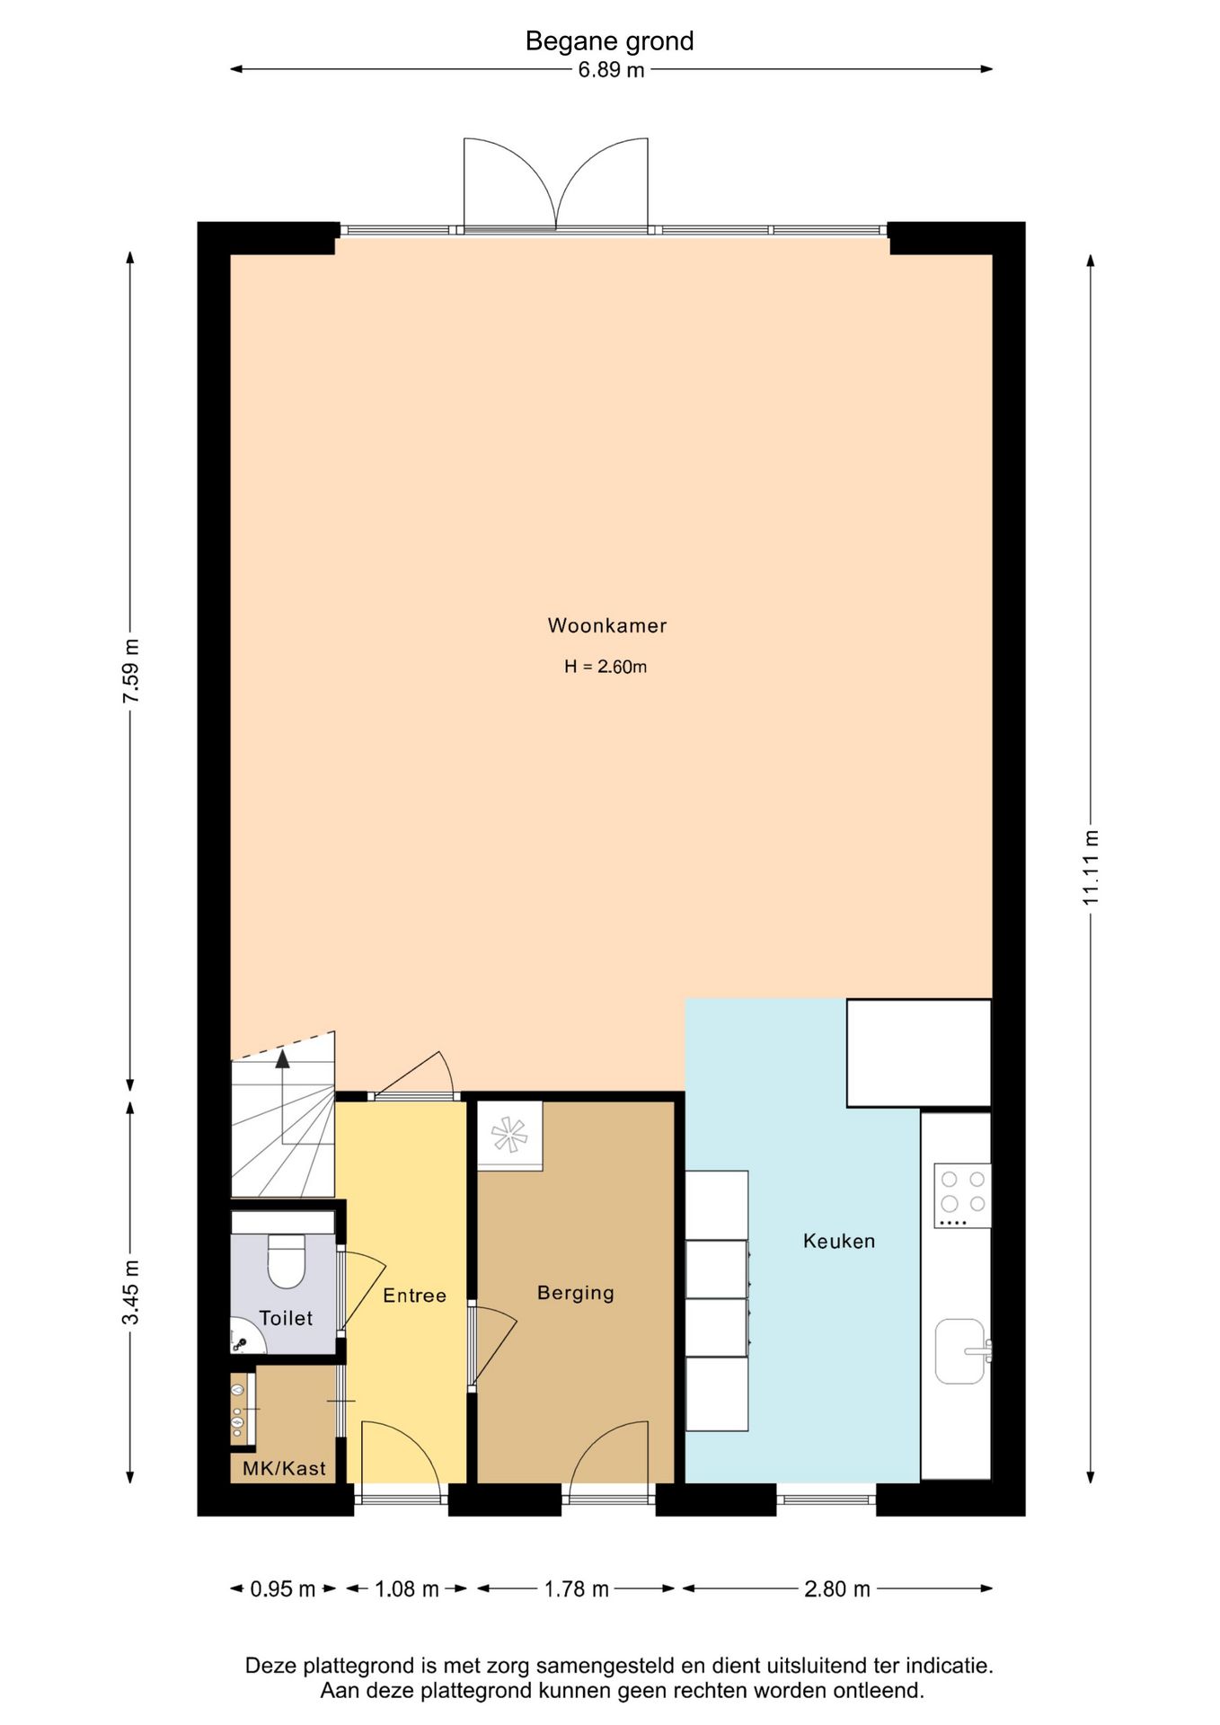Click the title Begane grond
609,41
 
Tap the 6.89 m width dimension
611,70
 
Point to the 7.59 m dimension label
131,671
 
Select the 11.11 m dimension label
1090,867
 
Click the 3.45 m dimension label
131,1292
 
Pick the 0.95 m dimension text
282,1588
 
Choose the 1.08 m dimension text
406,1588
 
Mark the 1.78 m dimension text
576,1588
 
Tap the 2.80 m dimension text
836,1588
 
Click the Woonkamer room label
607,625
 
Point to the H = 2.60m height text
606,667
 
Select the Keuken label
838,1241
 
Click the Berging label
576,1292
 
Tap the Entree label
414,1295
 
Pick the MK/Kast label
284,1468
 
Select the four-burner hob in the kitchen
962,1195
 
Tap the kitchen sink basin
959,1350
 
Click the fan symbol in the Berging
509,1135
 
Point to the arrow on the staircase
283,1060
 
